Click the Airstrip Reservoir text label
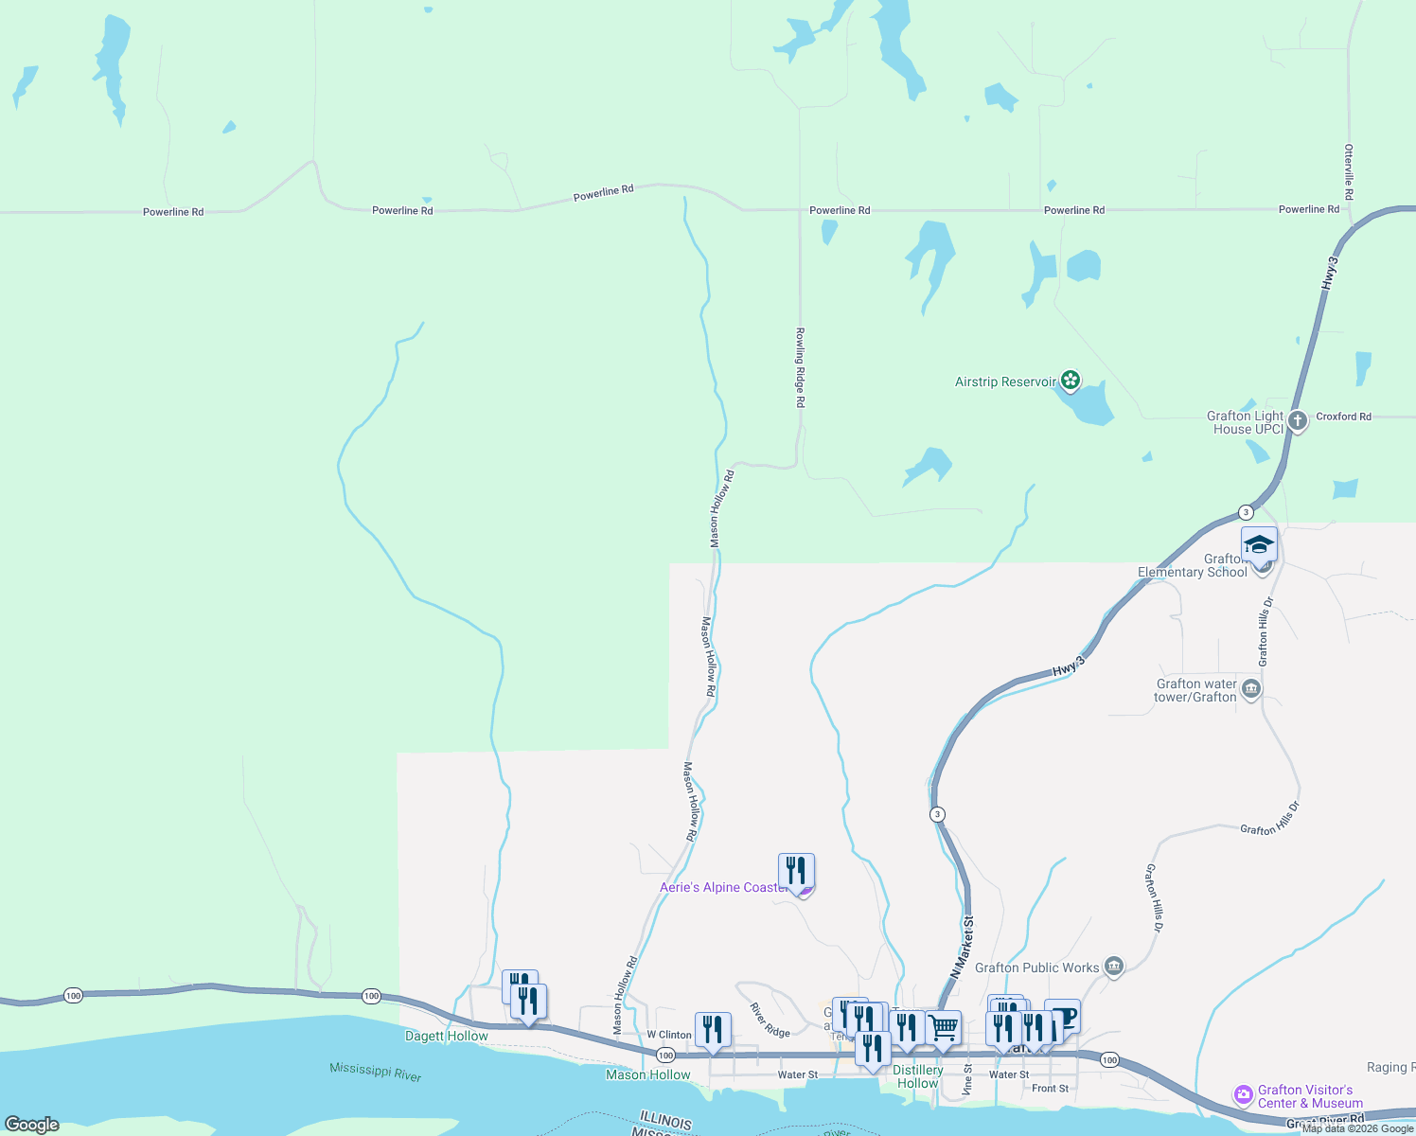tap(1005, 382)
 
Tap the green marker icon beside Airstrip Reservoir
tap(1071, 381)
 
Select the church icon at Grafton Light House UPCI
tap(1297, 419)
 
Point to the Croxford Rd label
tap(1343, 417)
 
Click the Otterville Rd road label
tap(1349, 171)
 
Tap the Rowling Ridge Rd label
tap(800, 367)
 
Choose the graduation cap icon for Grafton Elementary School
tap(1259, 544)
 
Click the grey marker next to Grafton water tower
tap(1251, 688)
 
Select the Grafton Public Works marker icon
tap(1114, 967)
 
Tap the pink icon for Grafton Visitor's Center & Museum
tap(1244, 1095)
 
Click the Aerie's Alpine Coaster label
tap(724, 887)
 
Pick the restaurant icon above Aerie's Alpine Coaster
tap(796, 870)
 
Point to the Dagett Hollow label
tap(447, 1036)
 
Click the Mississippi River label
tap(376, 1072)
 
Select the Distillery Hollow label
tap(918, 1076)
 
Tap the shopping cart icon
tap(944, 1027)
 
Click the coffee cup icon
tap(1063, 1018)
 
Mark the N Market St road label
tap(962, 947)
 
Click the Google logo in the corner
tap(32, 1125)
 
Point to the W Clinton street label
tap(669, 1035)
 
